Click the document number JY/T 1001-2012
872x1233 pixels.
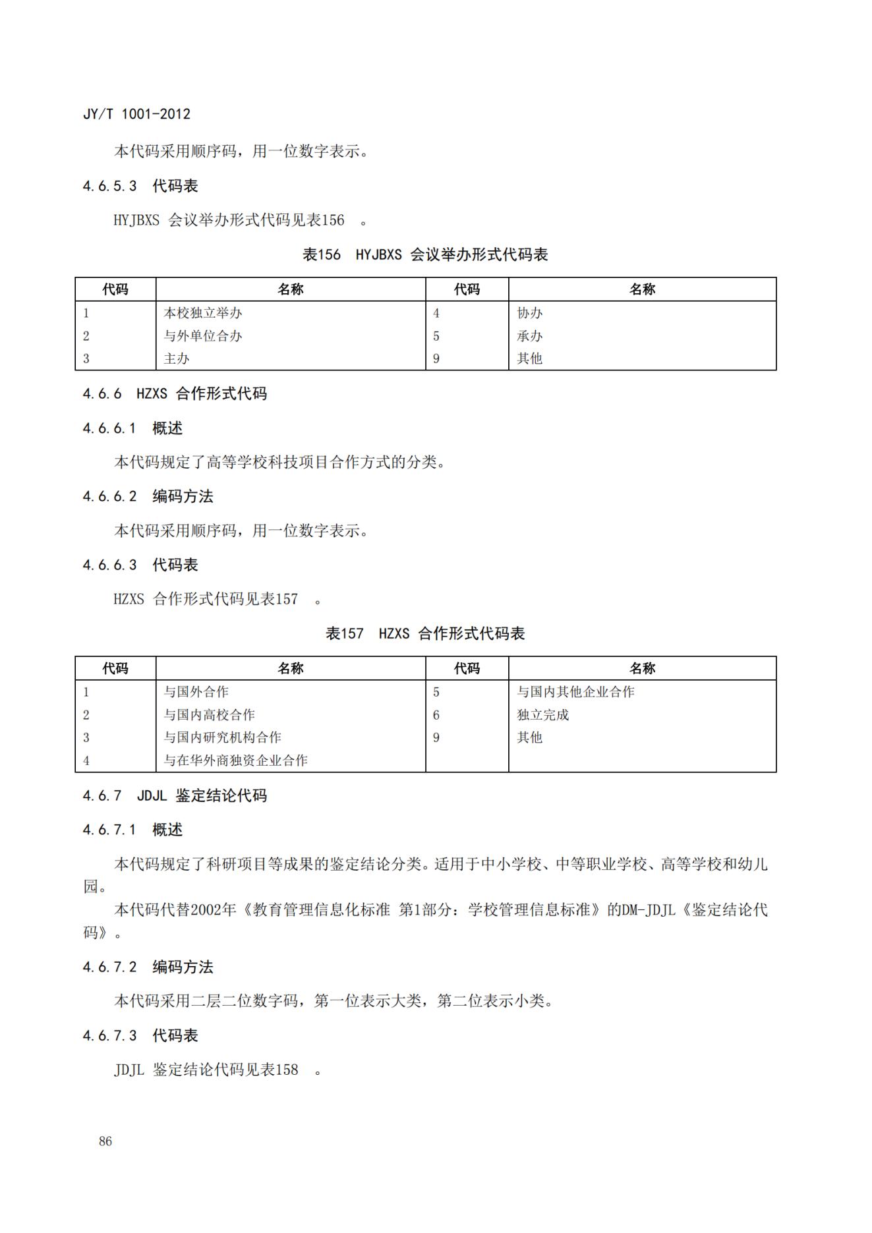pos(136,114)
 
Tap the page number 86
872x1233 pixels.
pos(105,1141)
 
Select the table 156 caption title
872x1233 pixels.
pos(425,255)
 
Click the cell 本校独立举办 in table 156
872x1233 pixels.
pos(203,313)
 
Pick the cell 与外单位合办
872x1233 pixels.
pos(203,336)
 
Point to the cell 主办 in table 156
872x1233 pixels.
pos(177,358)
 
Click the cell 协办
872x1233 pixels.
pos(530,313)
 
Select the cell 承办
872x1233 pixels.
pos(530,336)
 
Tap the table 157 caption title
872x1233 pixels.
pos(425,634)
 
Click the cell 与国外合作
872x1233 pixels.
pos(196,692)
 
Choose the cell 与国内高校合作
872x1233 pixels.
pos(210,715)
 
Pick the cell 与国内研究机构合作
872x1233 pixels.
pos(223,737)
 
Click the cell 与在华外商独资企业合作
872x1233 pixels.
pos(236,760)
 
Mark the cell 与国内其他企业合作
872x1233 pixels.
pos(575,692)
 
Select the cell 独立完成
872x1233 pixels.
pos(543,715)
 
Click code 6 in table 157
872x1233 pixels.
pos(436,715)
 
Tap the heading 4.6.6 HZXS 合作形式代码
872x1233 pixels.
pos(175,394)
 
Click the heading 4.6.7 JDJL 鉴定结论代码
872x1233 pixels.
pos(175,796)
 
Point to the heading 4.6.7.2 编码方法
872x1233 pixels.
pos(148,967)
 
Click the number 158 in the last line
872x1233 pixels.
pos(287,1070)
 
